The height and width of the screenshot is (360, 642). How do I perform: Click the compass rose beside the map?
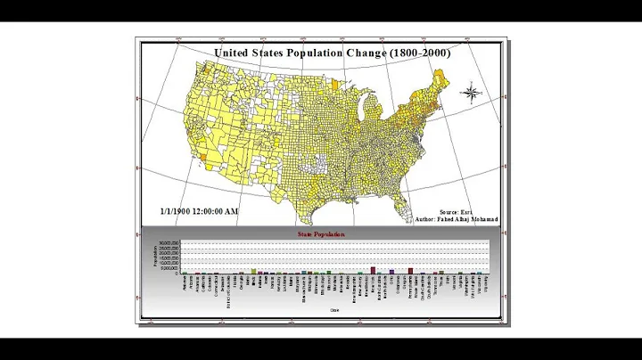(x=472, y=92)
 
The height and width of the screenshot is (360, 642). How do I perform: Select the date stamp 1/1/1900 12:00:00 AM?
(x=199, y=211)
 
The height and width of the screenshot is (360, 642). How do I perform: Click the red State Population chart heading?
(x=320, y=234)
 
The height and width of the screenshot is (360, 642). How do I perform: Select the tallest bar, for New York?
(x=373, y=269)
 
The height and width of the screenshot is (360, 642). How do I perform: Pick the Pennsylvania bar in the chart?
(x=410, y=270)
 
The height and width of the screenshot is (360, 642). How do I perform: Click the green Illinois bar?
(x=253, y=271)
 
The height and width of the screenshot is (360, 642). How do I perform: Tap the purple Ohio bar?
(x=391, y=271)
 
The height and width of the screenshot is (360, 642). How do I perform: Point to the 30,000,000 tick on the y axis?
(x=169, y=242)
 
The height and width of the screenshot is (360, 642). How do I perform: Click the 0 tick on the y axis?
(x=178, y=273)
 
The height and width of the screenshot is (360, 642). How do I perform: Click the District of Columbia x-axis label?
(x=231, y=290)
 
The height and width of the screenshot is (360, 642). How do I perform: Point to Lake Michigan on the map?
(x=365, y=110)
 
